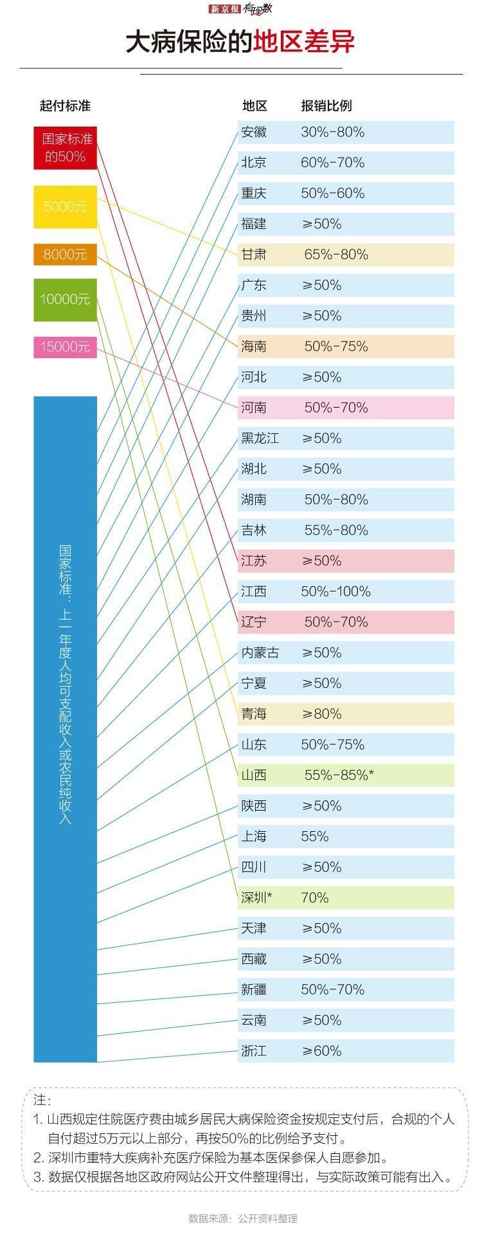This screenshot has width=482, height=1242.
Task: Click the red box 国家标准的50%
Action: pos(65,148)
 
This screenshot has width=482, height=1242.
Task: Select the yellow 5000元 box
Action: pos(65,207)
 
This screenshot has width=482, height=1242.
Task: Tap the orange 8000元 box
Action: pos(65,255)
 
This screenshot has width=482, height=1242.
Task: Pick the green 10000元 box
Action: pos(65,299)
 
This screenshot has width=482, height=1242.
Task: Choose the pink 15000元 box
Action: pos(65,347)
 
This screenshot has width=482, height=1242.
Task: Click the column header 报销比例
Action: pos(326,106)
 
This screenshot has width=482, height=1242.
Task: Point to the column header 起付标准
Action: pos(65,106)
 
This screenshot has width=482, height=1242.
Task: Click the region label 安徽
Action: pos(254,132)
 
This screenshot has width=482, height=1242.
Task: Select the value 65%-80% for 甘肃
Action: pos(336,255)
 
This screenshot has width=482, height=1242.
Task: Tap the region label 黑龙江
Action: pos(260,438)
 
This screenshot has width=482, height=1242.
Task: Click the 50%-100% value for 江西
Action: pos(335,591)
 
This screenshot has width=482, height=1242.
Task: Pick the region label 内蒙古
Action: pos(260,653)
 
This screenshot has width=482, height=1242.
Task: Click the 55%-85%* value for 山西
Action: pos(339,775)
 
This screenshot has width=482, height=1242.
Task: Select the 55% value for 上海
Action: pos(315,837)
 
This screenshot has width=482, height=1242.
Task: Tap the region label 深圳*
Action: pos(256,898)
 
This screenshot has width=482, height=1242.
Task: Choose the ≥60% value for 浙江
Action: pos(321,1051)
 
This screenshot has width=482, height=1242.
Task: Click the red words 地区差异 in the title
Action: pos(303,42)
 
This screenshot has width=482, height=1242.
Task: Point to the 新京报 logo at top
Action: pos(225,9)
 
